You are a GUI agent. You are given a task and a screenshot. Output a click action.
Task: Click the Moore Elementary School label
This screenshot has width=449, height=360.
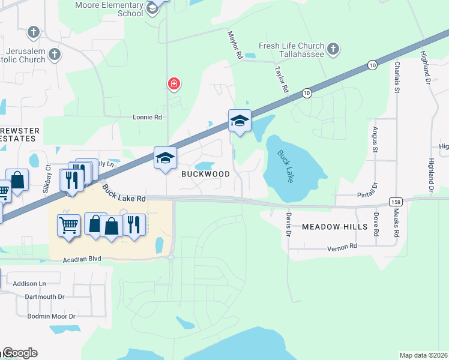click(x=109, y=9)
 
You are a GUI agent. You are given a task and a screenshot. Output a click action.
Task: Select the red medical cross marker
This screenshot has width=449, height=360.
click(x=174, y=84)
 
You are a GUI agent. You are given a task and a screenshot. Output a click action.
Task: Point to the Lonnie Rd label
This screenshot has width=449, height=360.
click(x=148, y=118)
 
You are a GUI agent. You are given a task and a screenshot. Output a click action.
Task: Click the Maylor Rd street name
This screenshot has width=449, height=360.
click(x=235, y=46)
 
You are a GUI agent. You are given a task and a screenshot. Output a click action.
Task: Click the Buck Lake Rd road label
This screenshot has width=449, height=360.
click(x=124, y=193)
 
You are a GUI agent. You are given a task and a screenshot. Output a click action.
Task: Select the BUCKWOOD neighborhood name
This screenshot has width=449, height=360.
click(x=206, y=174)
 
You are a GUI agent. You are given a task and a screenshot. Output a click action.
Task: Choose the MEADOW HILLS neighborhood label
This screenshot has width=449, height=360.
click(x=334, y=227)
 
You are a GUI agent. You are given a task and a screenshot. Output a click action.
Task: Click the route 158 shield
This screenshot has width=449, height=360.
click(x=395, y=202)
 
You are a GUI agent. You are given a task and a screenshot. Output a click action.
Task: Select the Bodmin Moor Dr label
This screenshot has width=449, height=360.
click(x=51, y=316)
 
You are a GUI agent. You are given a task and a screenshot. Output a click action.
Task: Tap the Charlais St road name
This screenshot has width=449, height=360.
click(x=397, y=76)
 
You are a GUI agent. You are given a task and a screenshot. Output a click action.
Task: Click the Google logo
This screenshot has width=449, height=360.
click(x=19, y=353)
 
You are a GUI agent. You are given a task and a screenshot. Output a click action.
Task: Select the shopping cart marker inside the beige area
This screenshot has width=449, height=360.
click(x=68, y=226)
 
